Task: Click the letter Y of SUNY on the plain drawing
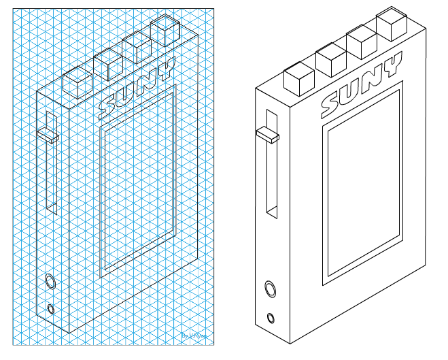(390, 67)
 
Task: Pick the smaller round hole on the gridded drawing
(52, 309)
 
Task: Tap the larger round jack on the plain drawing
(270, 289)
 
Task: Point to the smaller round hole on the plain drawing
(272, 318)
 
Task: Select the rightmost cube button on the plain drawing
(392, 24)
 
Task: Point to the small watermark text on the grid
(195, 335)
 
